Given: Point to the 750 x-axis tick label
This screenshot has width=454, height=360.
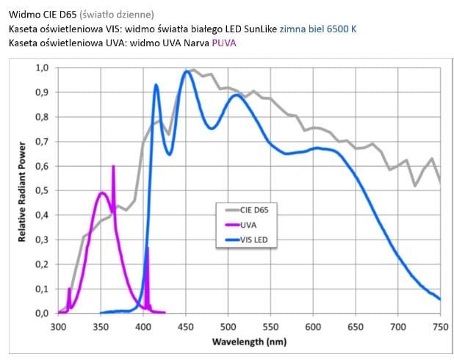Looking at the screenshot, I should (440, 327).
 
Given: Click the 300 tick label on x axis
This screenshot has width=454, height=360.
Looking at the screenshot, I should (59, 327).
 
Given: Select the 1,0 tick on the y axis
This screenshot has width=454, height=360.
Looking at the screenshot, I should (43, 68).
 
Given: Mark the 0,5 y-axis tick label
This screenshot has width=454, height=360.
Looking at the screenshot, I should (43, 190).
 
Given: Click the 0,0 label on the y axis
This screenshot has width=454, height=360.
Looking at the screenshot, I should (43, 313).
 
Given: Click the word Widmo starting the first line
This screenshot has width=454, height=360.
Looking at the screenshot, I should (24, 14).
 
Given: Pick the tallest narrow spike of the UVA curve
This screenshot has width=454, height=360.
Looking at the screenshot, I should (113, 168).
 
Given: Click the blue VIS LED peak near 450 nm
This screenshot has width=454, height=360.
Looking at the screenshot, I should (187, 71).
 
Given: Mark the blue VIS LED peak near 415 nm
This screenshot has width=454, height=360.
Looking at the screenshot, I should (156, 85).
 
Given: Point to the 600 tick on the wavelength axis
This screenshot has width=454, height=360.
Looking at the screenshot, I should (313, 327).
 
